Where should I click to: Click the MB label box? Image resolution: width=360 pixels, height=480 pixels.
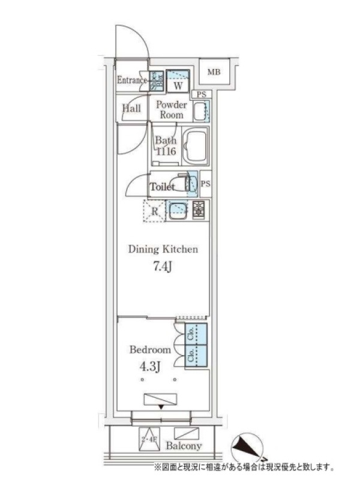coord(214,73)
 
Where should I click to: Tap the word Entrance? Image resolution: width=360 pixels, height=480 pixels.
coord(132,80)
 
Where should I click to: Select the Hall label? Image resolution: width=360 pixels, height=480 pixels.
coord(131,109)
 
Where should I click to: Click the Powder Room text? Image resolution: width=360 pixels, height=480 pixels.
coord(172,109)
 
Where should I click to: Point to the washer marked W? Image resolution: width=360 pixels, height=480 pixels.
coord(178,85)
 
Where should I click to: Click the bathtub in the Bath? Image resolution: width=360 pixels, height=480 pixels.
coord(194,148)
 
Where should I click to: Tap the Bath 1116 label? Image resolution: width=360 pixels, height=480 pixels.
coord(165,147)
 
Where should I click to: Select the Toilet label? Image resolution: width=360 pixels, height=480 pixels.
coord(162,187)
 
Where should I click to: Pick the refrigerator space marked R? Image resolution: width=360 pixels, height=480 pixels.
coord(154,211)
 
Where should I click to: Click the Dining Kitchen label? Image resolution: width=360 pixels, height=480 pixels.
coord(163,250)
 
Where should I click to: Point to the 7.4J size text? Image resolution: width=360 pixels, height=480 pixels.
coord(163,266)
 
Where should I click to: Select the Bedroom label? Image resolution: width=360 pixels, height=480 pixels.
coord(150,350)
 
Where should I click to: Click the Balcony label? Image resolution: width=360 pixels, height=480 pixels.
coord(184,446)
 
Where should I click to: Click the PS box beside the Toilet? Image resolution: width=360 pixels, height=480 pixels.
coord(206,184)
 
